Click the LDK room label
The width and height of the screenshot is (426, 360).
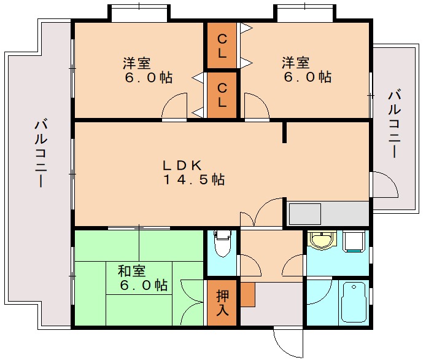point(182,165)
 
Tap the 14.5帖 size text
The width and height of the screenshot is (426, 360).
point(194,179)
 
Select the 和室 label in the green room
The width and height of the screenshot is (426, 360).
point(132,271)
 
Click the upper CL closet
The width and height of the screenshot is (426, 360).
point(222,45)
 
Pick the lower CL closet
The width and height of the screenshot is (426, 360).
point(222,95)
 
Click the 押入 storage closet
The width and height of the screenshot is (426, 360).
point(222,303)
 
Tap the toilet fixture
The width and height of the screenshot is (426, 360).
point(222,243)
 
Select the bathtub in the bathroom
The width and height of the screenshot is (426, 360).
point(354,302)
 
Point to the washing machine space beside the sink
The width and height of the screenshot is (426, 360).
point(354,241)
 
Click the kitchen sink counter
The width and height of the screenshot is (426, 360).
point(328,213)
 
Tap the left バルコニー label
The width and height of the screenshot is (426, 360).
point(41,154)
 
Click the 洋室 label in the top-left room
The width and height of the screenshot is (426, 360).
point(137,63)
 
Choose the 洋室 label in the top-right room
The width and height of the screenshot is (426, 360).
point(296,63)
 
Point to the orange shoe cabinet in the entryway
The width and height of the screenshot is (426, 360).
point(247,294)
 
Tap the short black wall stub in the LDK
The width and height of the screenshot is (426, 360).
point(284,133)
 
